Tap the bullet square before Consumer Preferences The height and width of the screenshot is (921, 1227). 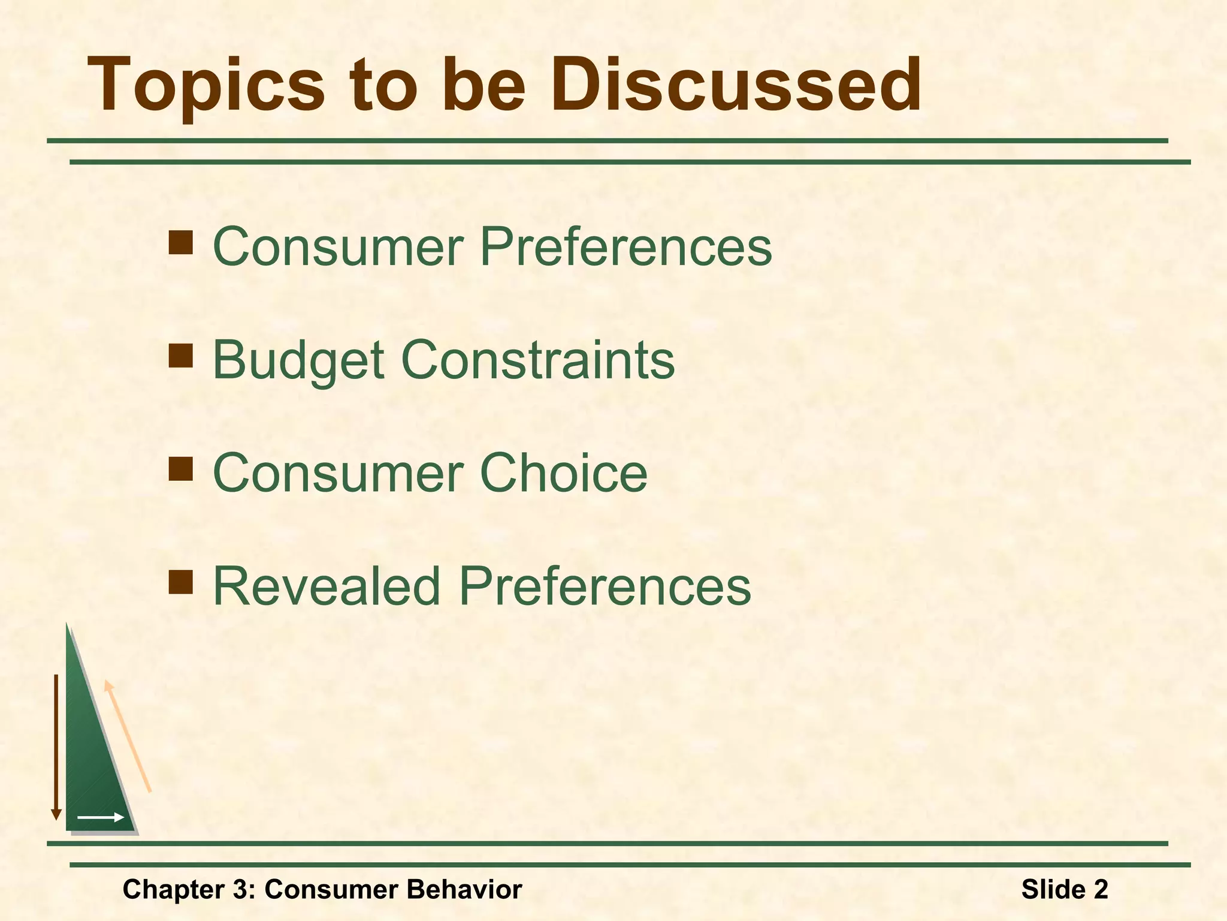180,243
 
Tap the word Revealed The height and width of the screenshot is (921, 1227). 327,586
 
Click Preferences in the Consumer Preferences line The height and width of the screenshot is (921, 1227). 625,246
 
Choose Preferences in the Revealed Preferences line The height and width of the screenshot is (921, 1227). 605,586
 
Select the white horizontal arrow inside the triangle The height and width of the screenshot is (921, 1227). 100,817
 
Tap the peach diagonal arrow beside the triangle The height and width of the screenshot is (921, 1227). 128,736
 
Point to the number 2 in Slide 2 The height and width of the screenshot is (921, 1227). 1101,889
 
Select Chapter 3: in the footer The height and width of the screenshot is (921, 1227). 189,889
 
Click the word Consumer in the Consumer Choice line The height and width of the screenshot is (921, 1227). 338,473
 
